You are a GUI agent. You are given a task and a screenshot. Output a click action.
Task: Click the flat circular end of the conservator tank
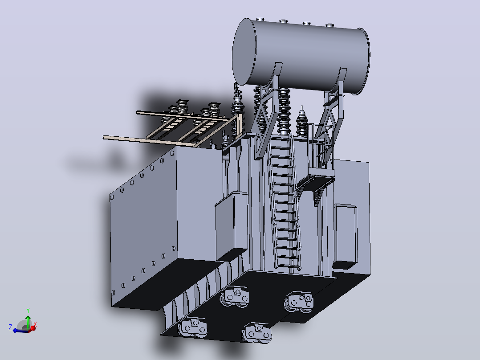coord(244,52)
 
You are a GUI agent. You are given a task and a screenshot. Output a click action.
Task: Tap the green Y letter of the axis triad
coord(28,311)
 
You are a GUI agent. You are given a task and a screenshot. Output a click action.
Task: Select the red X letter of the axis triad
coord(35,324)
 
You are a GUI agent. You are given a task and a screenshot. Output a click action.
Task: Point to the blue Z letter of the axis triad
coord(10,327)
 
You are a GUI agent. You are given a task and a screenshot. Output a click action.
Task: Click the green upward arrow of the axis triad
coord(28,322)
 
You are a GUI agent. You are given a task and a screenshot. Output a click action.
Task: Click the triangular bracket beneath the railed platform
coord(320,193)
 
